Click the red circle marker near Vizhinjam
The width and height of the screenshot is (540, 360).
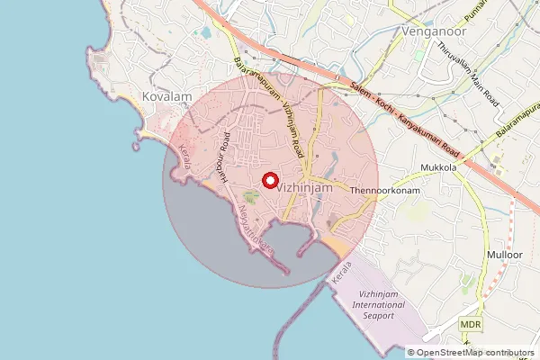pos(269,179)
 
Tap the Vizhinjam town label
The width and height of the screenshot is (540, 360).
pos(306,189)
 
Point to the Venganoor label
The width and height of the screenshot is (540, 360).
pos(429,31)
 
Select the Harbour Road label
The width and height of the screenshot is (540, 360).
pos(220,154)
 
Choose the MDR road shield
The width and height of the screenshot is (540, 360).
pos(469,324)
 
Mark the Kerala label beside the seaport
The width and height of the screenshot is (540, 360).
pos(340,275)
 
